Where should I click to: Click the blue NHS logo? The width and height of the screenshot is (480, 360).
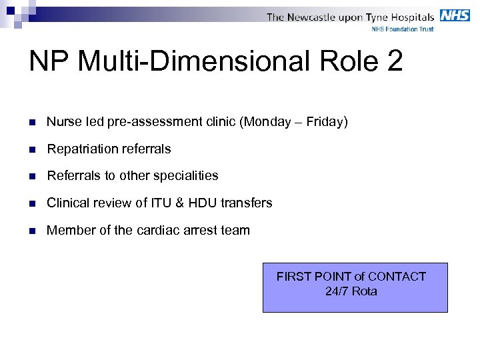(455, 15)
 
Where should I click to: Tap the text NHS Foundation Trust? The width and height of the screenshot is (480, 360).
(402, 29)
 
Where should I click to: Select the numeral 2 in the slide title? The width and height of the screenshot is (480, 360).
(394, 61)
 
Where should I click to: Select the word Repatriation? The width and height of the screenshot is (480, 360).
(79, 149)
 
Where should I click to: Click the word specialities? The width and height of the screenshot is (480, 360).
(185, 176)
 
